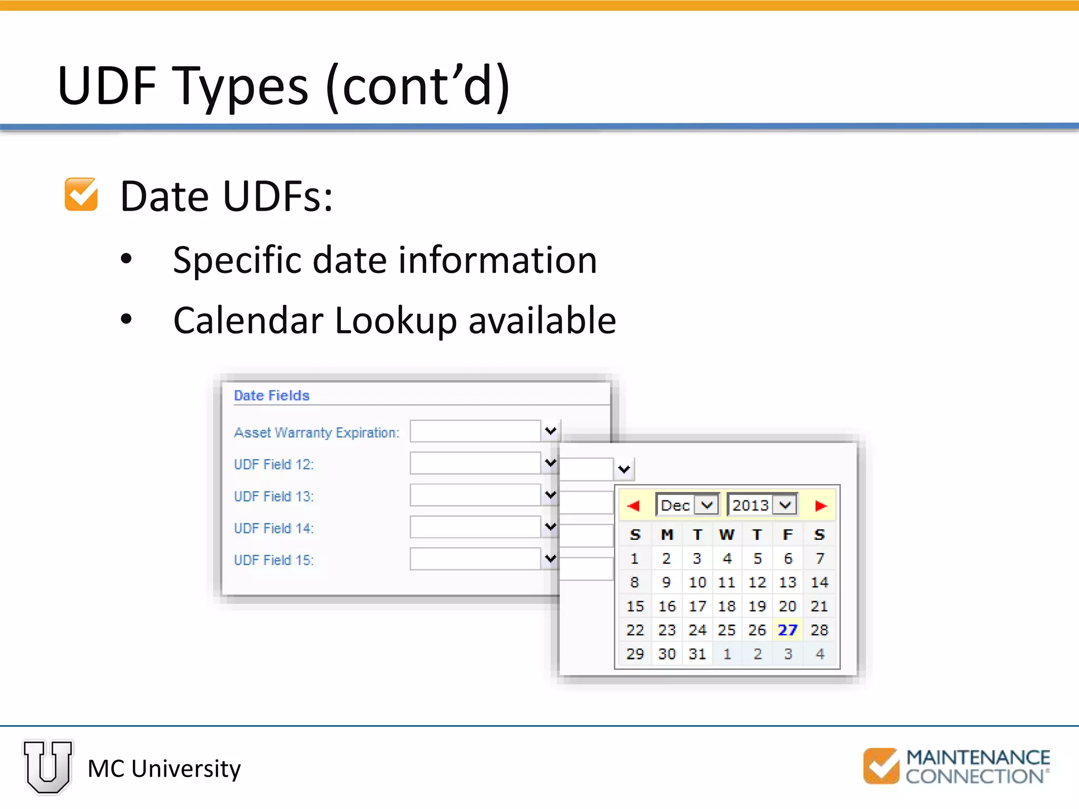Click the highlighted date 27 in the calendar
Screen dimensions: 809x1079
(x=788, y=630)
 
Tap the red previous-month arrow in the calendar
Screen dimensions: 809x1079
(x=633, y=506)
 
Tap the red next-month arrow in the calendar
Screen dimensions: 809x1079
(x=820, y=506)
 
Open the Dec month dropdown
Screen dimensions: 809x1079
(x=706, y=505)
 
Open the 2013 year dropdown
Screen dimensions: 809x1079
(x=785, y=505)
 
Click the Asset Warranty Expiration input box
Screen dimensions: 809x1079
(x=475, y=431)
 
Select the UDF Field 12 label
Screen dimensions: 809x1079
(x=273, y=465)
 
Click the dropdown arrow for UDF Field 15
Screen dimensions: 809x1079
(x=551, y=559)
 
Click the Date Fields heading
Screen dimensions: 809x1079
(x=272, y=396)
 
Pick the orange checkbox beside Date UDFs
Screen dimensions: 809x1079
(x=81, y=194)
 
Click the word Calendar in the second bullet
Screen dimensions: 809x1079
(x=248, y=321)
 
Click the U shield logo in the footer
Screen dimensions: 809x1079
(x=48, y=767)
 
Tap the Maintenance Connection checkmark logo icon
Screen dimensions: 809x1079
(x=881, y=765)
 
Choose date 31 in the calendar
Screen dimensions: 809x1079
(x=697, y=654)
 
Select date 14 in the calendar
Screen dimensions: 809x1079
(x=819, y=583)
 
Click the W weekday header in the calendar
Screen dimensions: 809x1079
(x=727, y=535)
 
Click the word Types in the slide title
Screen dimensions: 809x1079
(x=240, y=86)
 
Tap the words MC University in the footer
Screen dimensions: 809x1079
(x=164, y=769)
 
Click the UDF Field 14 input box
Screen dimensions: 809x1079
(x=475, y=527)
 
